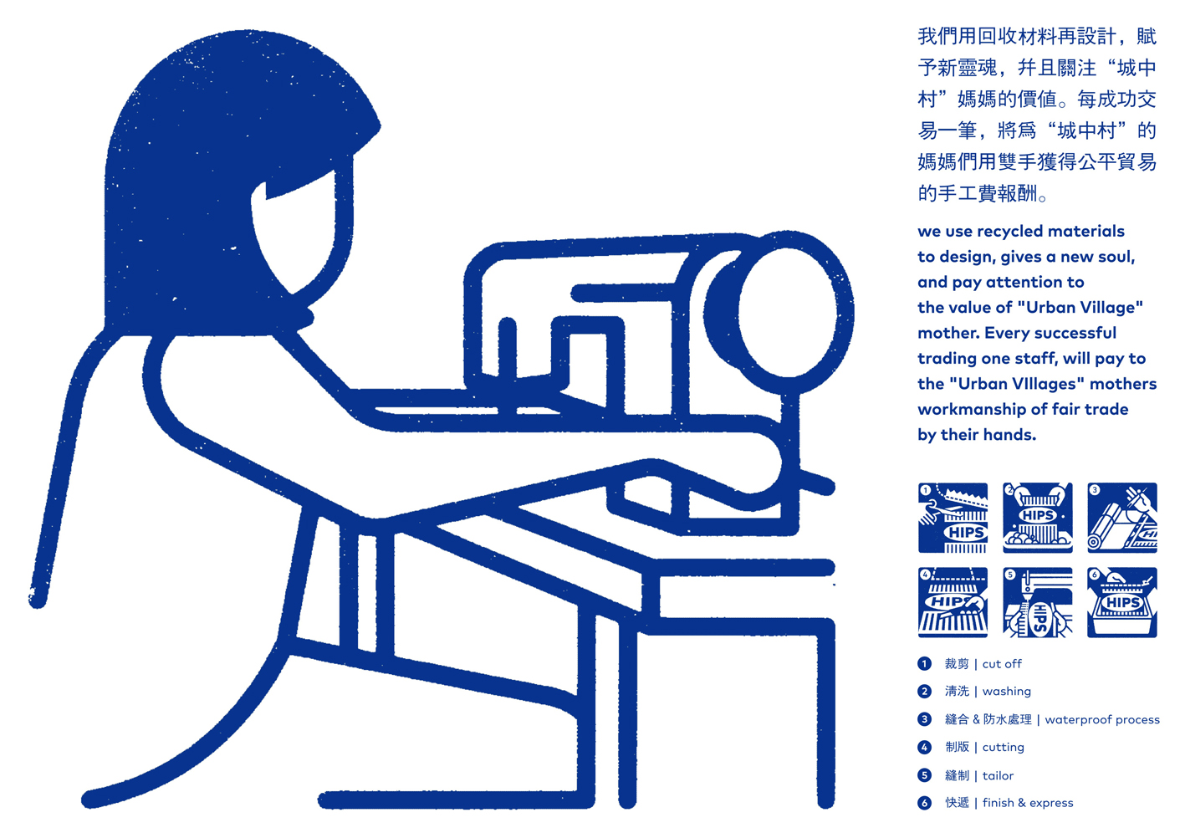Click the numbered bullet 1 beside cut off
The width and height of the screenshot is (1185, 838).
click(924, 663)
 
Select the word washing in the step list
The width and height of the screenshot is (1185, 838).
click(1006, 692)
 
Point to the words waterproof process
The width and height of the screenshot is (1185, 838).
click(1102, 719)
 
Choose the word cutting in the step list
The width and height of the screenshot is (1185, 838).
click(1003, 747)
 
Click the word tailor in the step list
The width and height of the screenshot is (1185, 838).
click(998, 775)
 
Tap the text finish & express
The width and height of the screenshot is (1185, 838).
click(1028, 803)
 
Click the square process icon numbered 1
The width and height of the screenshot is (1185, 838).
click(953, 518)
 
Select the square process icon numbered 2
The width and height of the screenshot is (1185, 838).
click(1038, 518)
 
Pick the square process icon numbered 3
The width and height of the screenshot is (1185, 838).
click(1122, 518)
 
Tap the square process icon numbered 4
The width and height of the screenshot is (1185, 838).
click(953, 603)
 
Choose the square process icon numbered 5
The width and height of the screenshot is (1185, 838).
click(1038, 603)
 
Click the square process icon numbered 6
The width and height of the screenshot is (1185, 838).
click(1122, 603)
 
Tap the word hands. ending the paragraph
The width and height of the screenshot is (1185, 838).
click(1013, 435)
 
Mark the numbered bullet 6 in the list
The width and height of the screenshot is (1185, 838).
click(924, 803)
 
